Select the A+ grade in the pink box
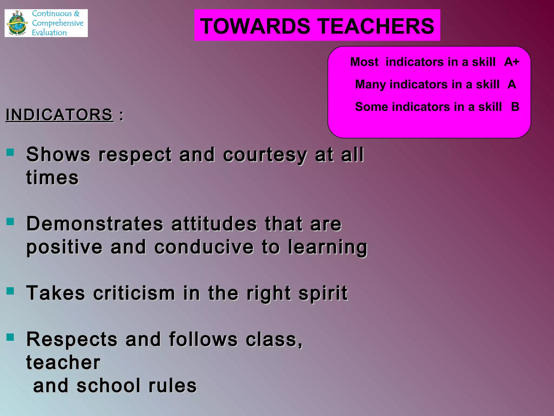coord(512,62)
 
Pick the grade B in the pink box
coord(515,107)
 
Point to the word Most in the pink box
coord(364,62)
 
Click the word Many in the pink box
coord(370,84)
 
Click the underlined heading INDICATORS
coord(59,115)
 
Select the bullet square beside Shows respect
coord(10,152)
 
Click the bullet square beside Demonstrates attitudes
coord(10,222)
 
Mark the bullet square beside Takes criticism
coord(10,291)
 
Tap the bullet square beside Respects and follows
coord(10,337)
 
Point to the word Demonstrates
coord(95,224)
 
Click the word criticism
coord(134,293)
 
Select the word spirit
coord(323,293)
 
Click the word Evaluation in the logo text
coord(49,32)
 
